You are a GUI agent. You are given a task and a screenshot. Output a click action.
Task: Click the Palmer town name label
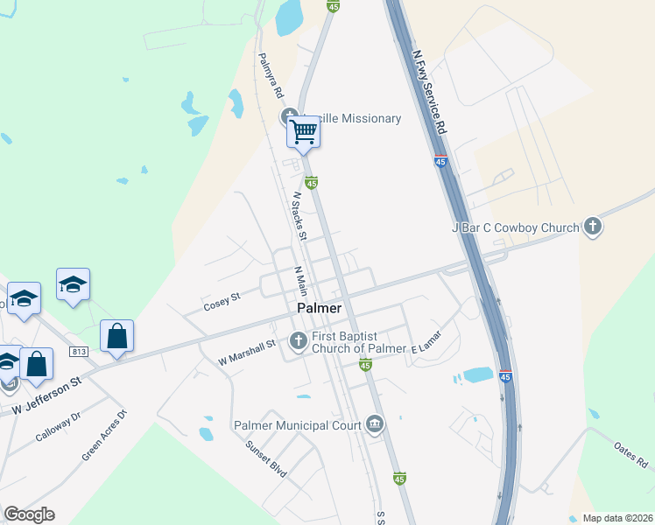click(319, 308)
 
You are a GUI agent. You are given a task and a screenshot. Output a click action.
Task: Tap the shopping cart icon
click(304, 132)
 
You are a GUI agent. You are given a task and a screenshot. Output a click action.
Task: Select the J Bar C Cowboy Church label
click(515, 227)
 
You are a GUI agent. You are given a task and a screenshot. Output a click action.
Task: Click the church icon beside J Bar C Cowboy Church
click(593, 227)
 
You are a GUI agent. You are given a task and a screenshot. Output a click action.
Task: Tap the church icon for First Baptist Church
click(298, 340)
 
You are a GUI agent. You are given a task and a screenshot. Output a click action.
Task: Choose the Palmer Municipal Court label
click(297, 425)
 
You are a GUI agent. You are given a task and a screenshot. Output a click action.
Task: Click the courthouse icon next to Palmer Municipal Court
click(375, 425)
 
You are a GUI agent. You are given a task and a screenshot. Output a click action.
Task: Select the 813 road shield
click(80, 352)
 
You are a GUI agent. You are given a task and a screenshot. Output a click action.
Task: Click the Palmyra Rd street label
click(271, 74)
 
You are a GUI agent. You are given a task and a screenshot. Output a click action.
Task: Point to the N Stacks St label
click(299, 215)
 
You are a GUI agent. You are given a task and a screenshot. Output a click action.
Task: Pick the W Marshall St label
click(247, 352)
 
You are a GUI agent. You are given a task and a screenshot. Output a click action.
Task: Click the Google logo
click(29, 514)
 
